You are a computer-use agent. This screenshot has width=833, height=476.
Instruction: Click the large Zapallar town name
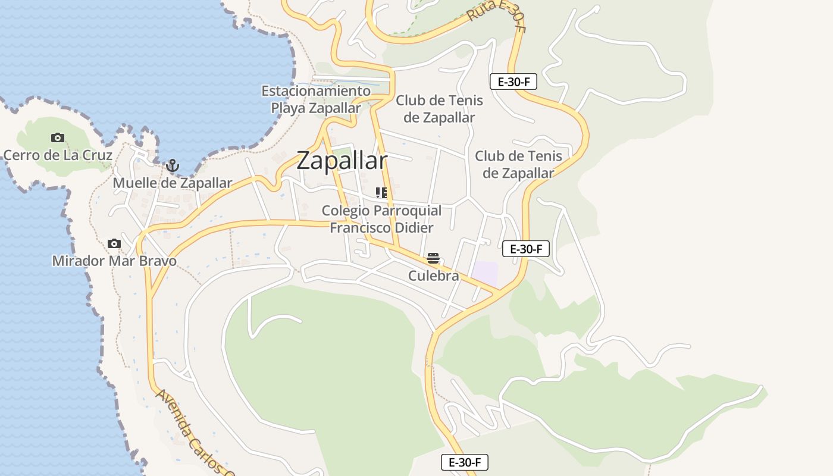click(342, 161)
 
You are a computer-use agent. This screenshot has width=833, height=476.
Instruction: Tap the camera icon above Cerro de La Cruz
click(58, 138)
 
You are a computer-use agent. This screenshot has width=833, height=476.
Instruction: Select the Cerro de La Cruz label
click(58, 155)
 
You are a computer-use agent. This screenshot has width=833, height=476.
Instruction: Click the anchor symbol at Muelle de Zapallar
click(173, 165)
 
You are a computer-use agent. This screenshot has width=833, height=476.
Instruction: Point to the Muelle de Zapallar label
click(172, 183)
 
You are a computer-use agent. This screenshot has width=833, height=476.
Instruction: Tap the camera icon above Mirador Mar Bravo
click(114, 243)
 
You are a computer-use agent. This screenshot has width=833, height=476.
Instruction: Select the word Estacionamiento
click(316, 91)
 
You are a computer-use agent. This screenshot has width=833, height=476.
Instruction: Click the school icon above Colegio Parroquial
click(381, 193)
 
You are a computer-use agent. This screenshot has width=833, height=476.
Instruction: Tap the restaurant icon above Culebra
click(433, 258)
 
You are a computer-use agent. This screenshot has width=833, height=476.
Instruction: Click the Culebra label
click(434, 276)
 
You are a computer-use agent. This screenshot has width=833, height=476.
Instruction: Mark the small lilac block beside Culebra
click(486, 273)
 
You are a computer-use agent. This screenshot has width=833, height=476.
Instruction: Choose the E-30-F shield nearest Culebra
click(525, 249)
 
